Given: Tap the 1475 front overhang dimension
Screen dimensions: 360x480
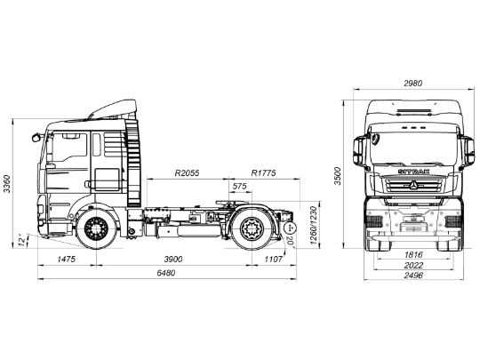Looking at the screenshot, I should tap(64, 258).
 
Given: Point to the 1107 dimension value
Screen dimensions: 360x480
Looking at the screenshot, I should tap(272, 258).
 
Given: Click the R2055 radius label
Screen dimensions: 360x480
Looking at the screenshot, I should tap(187, 172).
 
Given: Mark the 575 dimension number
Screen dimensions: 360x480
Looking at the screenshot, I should tap(239, 187).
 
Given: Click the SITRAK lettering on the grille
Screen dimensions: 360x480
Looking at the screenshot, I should tap(411, 164).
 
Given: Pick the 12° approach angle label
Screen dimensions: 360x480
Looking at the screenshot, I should tap(20, 238).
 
